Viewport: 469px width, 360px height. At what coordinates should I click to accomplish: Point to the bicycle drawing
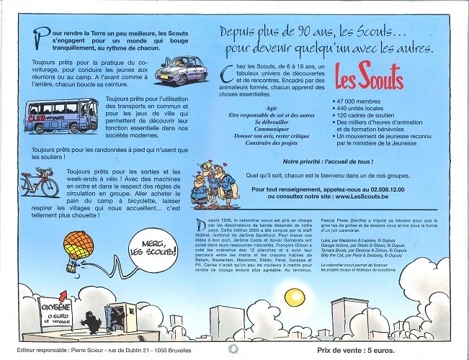tap(40, 183)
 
